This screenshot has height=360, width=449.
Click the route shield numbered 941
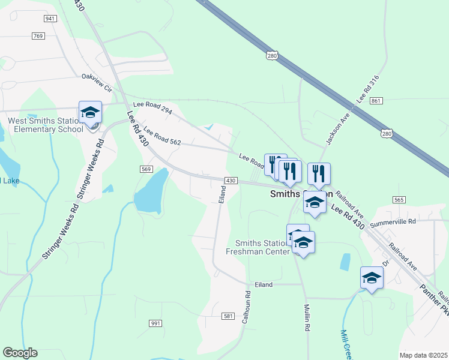pos(50,19)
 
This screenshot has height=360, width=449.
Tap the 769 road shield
pos(38,36)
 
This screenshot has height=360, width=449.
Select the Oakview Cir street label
pos(97,82)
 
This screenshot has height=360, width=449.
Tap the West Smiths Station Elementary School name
pos(46,125)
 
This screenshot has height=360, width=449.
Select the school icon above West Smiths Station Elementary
pos(91,112)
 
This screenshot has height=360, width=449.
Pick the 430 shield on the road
pos(231,181)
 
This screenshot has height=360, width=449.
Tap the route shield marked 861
pos(376,101)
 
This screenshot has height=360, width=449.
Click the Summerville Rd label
pos(393,223)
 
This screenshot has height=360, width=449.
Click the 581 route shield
pos(228,316)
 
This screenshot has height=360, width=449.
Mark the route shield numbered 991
pos(156,323)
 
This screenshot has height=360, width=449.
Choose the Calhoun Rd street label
pos(246,308)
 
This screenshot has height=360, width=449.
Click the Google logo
pos(20,353)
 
